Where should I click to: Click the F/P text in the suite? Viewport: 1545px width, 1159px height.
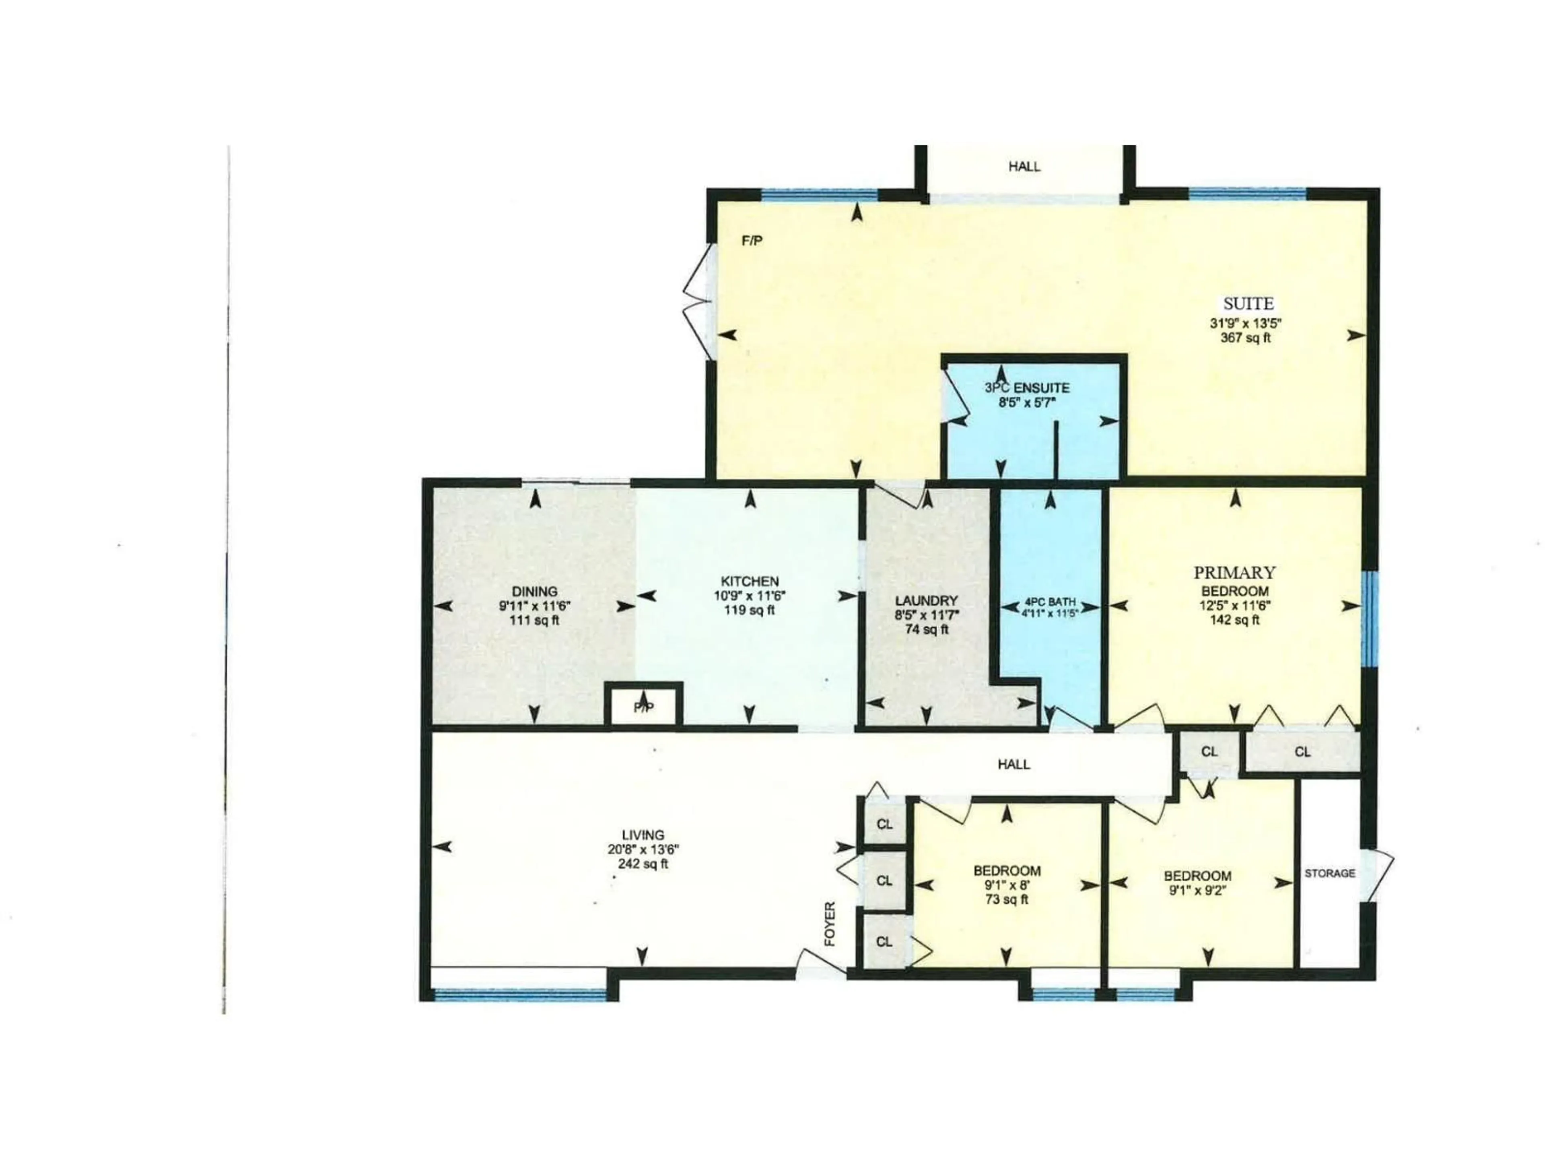[752, 241]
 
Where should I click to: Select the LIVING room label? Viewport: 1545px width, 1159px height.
[643, 835]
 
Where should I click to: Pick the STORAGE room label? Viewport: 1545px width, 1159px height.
[1329, 873]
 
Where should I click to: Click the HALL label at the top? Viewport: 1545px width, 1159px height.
[1024, 166]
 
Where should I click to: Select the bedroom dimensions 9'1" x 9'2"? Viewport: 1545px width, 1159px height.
[1197, 891]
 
